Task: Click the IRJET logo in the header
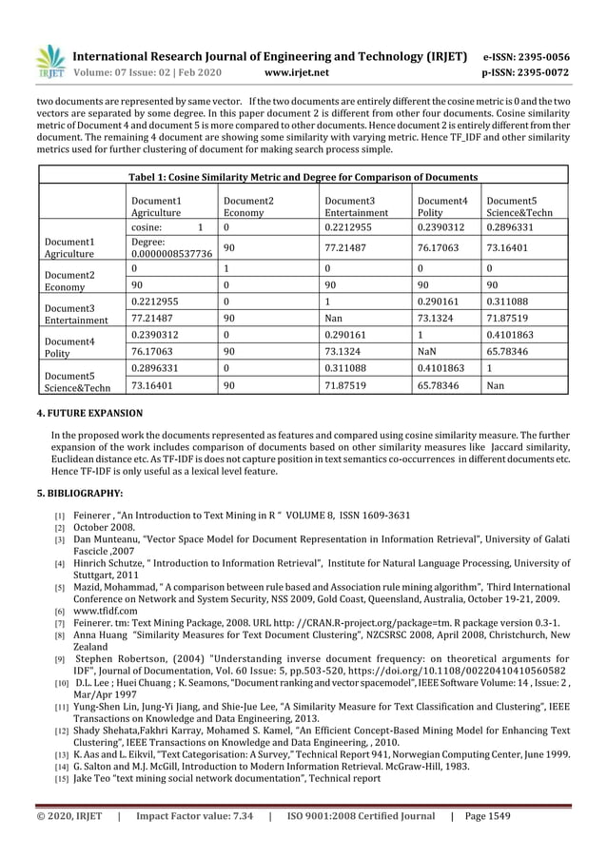(x=49, y=60)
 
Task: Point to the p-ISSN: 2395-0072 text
(x=540, y=71)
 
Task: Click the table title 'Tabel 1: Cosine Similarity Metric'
(x=303, y=176)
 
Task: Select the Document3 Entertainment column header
(x=356, y=207)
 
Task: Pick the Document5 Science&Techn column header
(x=521, y=207)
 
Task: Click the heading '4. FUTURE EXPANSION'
(x=89, y=414)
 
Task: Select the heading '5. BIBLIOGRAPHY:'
(x=80, y=494)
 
